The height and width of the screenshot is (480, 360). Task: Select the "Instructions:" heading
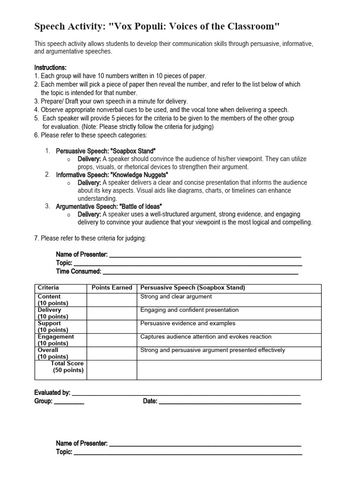(50, 67)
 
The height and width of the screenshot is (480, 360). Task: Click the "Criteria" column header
(48, 288)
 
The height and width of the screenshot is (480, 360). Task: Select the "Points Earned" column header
(112, 288)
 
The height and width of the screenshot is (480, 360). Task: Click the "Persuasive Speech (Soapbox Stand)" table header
(193, 288)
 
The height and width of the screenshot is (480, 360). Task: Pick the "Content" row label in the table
(49, 297)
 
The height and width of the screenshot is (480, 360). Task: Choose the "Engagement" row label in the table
(56, 337)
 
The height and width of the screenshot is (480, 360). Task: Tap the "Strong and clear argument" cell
(176, 297)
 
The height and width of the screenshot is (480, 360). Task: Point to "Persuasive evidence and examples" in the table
(188, 323)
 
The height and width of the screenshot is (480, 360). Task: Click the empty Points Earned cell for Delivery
(112, 313)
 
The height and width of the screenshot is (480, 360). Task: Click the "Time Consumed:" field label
(78, 271)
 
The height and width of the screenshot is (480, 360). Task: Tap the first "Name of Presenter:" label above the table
(82, 255)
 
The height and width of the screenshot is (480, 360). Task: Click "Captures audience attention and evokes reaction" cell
(206, 337)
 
